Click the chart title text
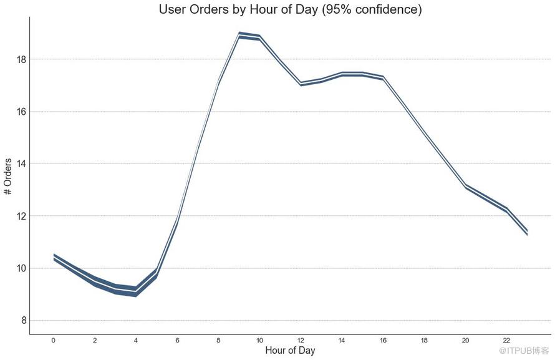coord(290,9)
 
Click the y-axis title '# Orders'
coord(8,177)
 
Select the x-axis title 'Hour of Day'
coord(290,351)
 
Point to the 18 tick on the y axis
coord(21,59)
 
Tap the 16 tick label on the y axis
coord(21,112)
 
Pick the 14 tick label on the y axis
coord(21,164)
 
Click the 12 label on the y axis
coord(21,216)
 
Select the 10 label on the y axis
coord(21,268)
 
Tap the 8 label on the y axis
coord(24,321)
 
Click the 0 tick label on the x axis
coord(53,341)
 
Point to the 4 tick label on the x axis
coord(135,341)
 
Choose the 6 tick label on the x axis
coord(177,341)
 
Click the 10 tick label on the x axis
coord(259,341)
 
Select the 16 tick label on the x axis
coord(383,341)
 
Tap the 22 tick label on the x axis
coord(506,341)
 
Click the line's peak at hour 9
coord(239,35)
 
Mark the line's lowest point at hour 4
coord(135,291)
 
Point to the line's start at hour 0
coord(54,257)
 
